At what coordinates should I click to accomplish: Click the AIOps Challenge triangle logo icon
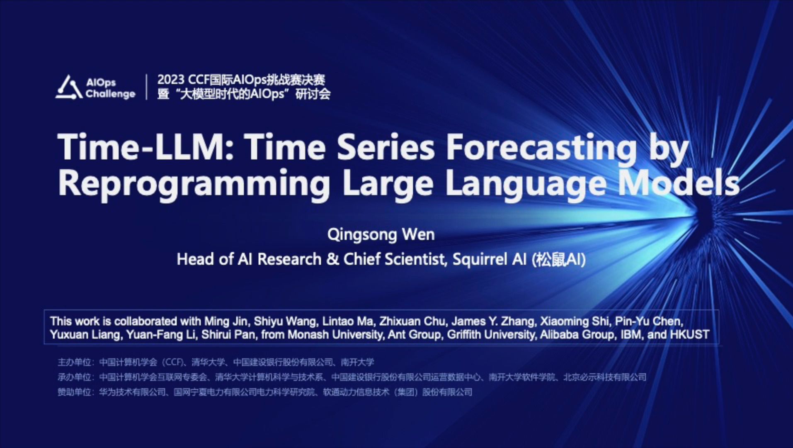pos(68,88)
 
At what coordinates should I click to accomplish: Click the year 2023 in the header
pos(171,80)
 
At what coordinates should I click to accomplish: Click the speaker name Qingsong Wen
pos(381,235)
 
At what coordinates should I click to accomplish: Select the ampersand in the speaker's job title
pos(332,259)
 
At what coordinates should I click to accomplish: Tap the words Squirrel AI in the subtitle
pos(489,259)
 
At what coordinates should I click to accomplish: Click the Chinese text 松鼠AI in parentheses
pos(559,260)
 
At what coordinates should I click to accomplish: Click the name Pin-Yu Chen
pos(647,321)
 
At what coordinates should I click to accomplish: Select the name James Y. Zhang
pos(492,321)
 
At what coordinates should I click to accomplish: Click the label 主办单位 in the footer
pos(74,362)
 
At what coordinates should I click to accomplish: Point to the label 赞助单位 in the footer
pos(74,392)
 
